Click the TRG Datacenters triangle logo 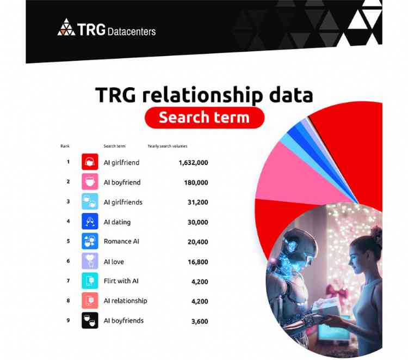(x=66, y=27)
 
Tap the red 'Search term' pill (x=204, y=117)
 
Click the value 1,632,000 (x=193, y=162)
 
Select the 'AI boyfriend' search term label (x=122, y=182)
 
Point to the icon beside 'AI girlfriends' (x=90, y=202)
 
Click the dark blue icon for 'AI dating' (x=90, y=222)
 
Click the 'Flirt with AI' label (x=120, y=281)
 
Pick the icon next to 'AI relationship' (x=90, y=301)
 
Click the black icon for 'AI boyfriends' (x=90, y=321)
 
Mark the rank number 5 (x=69, y=241)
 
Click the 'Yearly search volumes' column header (x=168, y=146)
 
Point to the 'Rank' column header (x=65, y=146)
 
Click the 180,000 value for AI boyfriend (x=196, y=182)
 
